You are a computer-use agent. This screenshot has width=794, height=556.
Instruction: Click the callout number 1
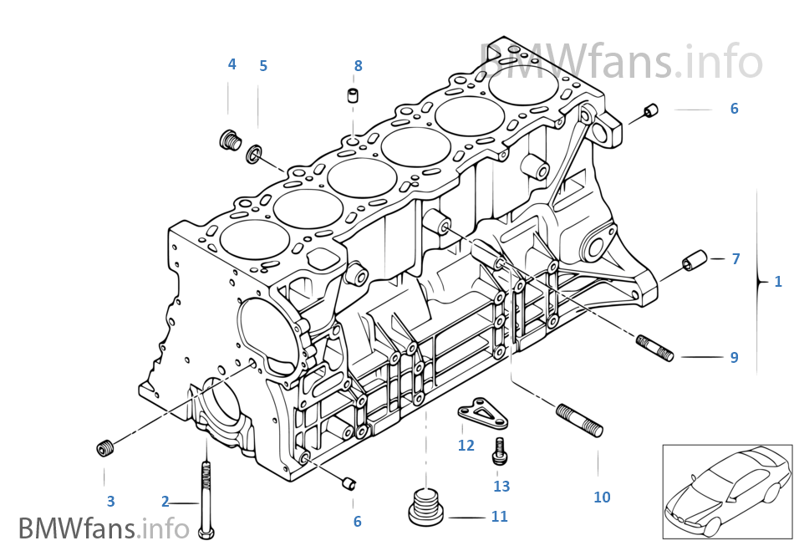(777, 282)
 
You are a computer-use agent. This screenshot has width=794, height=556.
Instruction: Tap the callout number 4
(232, 64)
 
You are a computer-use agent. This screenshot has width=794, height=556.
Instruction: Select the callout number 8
(358, 65)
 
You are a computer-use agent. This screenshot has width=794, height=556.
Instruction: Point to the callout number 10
(602, 497)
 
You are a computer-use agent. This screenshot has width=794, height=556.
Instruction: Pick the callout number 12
(466, 446)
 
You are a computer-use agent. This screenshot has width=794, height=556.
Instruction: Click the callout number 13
(501, 486)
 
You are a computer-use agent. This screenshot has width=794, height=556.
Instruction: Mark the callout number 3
(110, 502)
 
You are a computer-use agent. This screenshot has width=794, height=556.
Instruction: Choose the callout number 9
(734, 357)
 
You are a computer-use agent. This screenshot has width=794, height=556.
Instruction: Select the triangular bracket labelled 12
(478, 412)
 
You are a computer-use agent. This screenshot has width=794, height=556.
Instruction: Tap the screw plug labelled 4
(228, 140)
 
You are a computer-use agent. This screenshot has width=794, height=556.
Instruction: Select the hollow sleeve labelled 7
(695, 260)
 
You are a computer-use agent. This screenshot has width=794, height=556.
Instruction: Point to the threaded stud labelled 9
(655, 347)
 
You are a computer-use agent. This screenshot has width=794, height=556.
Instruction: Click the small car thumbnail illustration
(727, 491)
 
